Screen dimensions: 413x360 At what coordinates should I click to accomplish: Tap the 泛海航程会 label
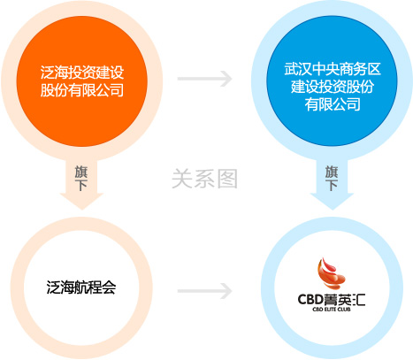[x=81, y=287]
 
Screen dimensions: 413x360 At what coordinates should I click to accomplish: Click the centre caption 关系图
[x=205, y=179]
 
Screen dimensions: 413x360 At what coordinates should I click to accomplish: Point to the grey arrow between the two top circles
[x=205, y=79]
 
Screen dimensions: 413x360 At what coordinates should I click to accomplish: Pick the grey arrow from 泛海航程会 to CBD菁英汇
[x=205, y=291]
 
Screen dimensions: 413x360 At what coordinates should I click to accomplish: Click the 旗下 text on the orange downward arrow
[x=81, y=179]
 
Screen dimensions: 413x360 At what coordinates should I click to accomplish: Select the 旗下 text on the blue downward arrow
[x=332, y=179]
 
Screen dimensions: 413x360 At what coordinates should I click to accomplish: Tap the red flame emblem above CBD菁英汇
[x=331, y=273]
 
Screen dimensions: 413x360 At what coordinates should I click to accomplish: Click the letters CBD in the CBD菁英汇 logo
[x=311, y=300]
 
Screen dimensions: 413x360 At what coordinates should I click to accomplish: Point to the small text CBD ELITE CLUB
[x=332, y=310]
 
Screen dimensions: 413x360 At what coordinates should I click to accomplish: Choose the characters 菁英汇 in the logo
[x=345, y=300]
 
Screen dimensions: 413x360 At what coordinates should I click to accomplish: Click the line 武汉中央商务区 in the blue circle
[x=333, y=69]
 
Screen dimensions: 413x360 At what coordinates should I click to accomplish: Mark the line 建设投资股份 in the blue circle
[x=333, y=87]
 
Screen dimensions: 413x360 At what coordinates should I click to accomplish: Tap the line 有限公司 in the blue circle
[x=333, y=104]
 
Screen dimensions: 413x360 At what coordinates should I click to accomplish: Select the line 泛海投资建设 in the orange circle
[x=82, y=73]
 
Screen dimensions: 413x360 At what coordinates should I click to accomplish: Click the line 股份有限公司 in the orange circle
[x=82, y=90]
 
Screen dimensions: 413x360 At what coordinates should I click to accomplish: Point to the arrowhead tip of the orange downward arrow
[x=82, y=210]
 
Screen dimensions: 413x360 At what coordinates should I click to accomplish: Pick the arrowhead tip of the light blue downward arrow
[x=333, y=210]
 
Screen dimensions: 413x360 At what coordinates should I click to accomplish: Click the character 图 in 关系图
[x=227, y=179]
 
